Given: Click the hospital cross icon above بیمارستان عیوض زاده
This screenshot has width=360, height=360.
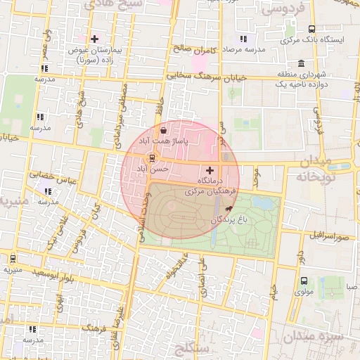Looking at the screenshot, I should (x=95, y=38).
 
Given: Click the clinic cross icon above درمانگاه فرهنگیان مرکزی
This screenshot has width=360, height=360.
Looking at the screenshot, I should (x=210, y=170).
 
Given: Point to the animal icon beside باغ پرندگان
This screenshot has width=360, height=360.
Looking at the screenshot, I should (x=228, y=209).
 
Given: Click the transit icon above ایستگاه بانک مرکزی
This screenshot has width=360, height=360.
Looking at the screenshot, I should (x=311, y=29).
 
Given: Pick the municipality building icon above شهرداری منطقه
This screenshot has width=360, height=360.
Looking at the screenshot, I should (x=302, y=63).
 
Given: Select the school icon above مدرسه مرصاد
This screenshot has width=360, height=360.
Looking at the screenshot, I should (x=243, y=39).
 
